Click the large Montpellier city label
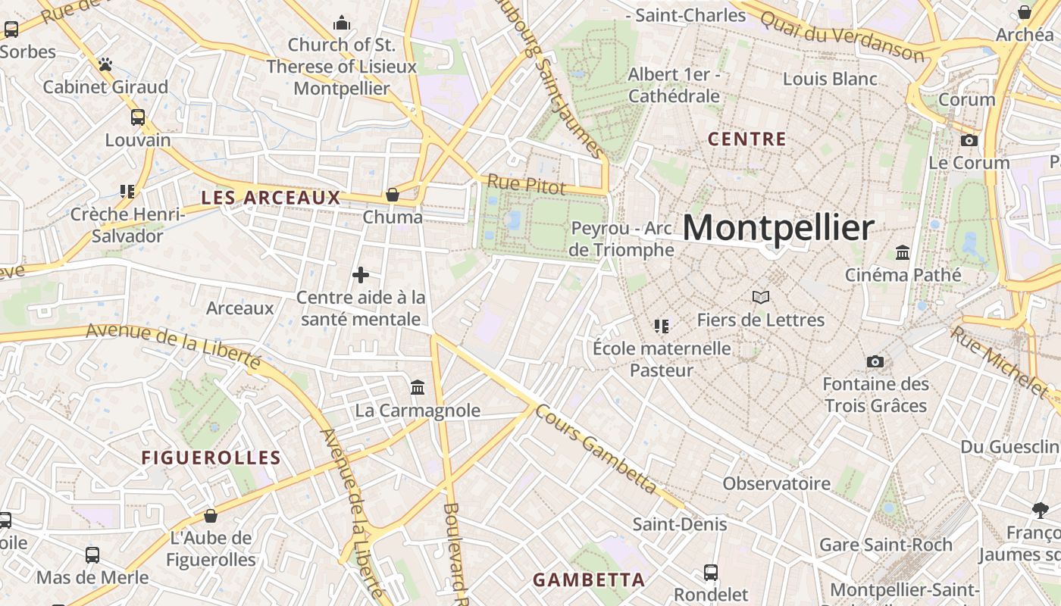(x=779, y=228)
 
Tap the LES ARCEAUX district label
(x=271, y=198)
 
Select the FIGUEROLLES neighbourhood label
(x=211, y=458)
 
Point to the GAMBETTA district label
(x=589, y=580)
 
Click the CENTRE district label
(x=746, y=139)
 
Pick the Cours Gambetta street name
(x=596, y=448)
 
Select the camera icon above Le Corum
(x=969, y=140)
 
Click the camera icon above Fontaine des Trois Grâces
(x=875, y=361)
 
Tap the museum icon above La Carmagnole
(x=418, y=388)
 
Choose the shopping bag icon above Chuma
(x=393, y=195)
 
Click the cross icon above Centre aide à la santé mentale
(x=361, y=275)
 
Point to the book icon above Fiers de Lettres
(x=761, y=298)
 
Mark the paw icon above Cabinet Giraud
(x=105, y=65)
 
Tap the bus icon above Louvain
(x=138, y=117)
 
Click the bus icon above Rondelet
(x=711, y=572)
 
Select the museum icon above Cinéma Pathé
(x=903, y=252)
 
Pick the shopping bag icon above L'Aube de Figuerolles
(x=211, y=516)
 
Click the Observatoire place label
(x=776, y=483)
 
